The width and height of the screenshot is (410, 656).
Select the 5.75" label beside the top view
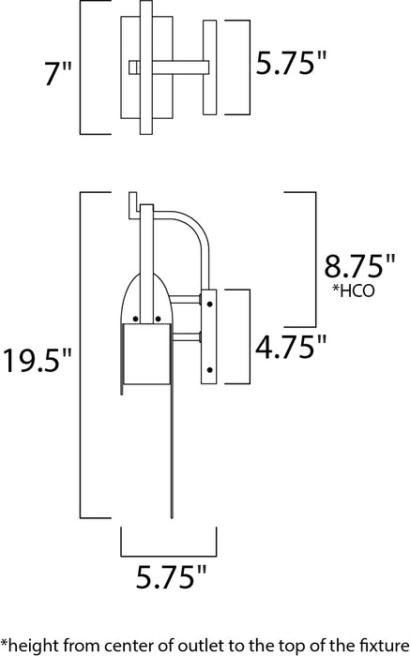pos(293,65)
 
